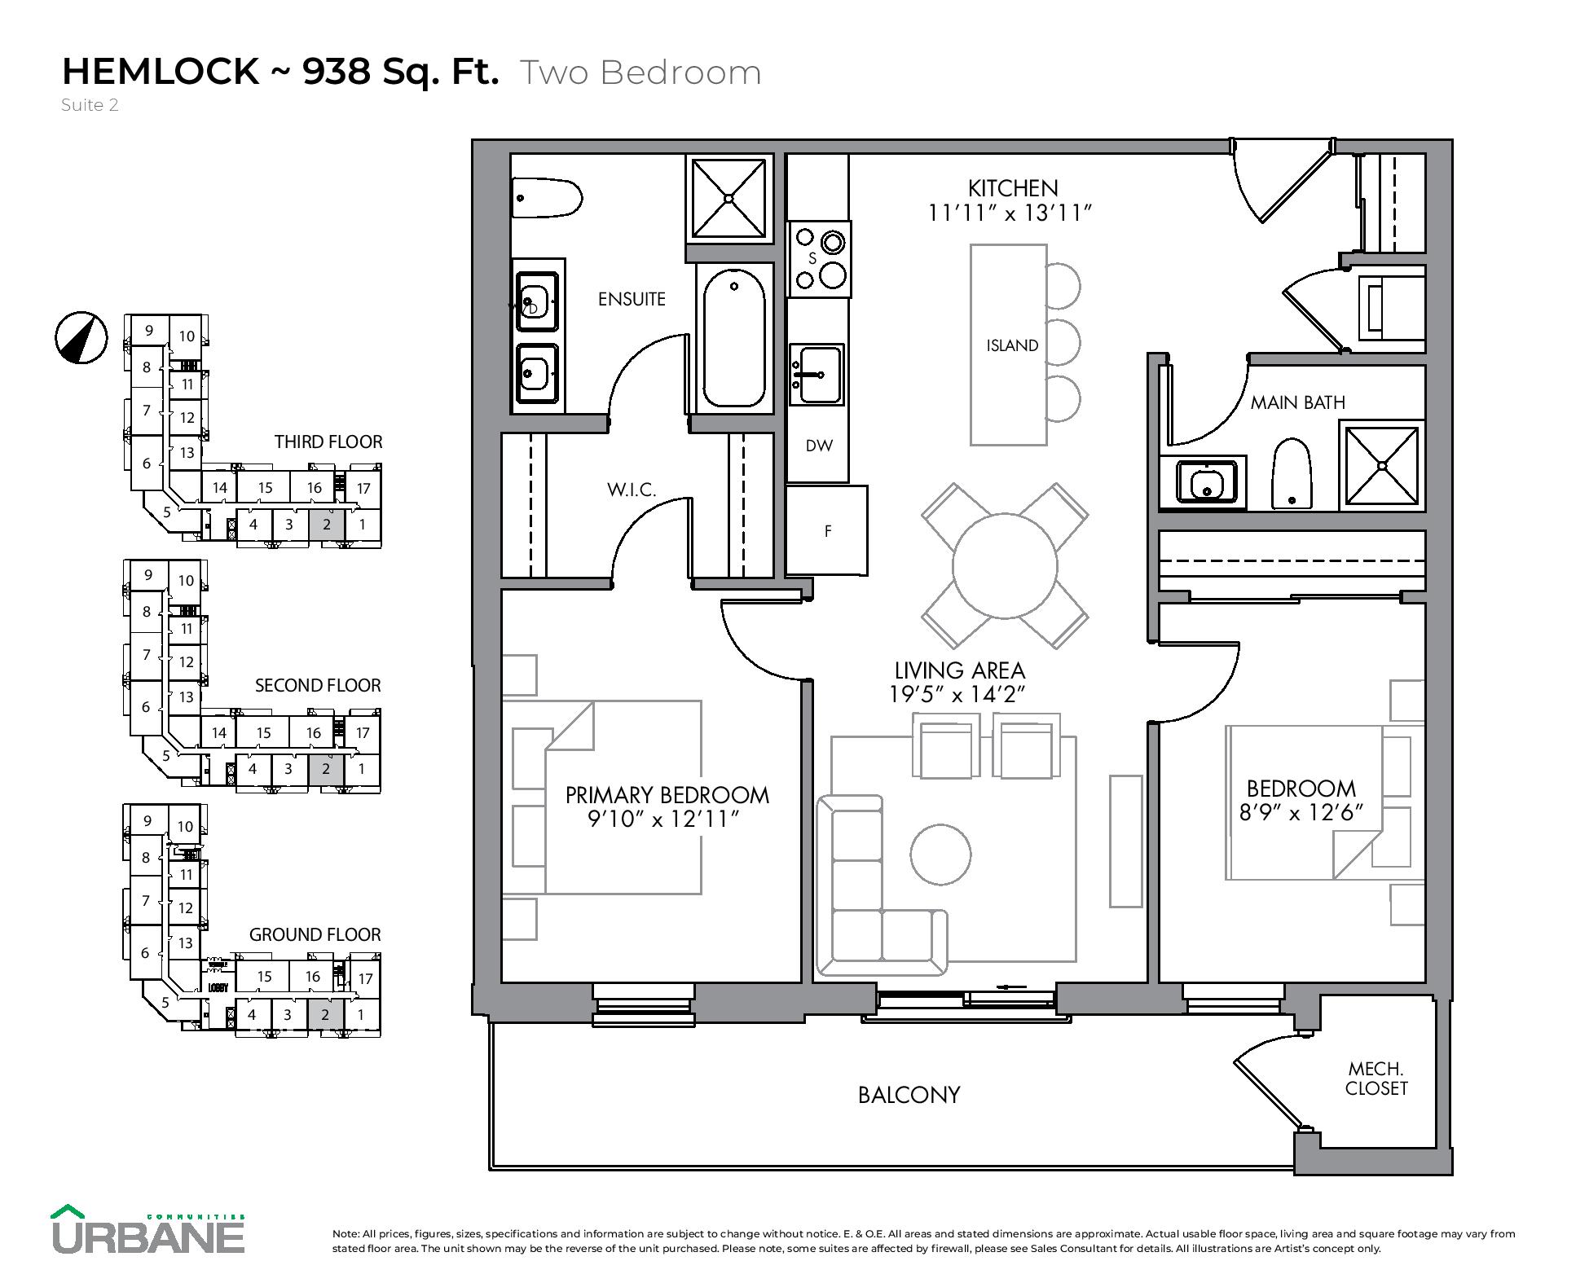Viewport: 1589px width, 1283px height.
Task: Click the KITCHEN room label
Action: coord(1013,188)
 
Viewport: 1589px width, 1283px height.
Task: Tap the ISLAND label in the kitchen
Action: coord(1012,345)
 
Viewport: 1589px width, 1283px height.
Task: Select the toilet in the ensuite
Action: coord(547,198)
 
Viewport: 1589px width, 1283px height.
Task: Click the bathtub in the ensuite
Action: coord(734,339)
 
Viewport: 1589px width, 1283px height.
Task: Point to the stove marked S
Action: coord(819,259)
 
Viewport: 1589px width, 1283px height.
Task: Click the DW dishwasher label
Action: coord(819,446)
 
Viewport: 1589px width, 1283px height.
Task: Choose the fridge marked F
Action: coord(827,531)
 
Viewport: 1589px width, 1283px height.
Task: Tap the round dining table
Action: coord(1005,566)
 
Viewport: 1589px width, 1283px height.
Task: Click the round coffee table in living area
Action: coord(940,855)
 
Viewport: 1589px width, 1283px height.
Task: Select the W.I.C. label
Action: coord(632,490)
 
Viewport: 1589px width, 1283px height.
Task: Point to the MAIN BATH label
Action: coord(1297,402)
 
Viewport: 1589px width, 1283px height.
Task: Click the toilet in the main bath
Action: coord(1292,474)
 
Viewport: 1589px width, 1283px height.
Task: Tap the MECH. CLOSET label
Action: coord(1376,1079)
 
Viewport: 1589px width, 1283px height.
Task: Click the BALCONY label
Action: coord(909,1095)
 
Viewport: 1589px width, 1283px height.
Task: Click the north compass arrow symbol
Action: coord(81,337)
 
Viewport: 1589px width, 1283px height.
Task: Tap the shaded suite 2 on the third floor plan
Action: coord(327,525)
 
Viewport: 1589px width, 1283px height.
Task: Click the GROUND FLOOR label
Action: coord(315,934)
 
